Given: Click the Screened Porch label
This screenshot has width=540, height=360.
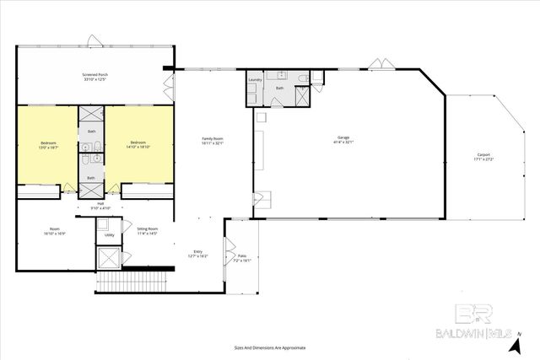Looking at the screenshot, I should coord(95,74).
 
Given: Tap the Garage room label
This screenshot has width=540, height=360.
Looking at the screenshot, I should coord(343,137).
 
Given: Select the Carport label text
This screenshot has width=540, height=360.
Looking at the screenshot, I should coord(483,154).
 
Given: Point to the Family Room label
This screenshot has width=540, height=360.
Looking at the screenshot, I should coord(212,137).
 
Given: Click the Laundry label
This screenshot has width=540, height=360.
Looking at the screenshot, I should coord(255,80).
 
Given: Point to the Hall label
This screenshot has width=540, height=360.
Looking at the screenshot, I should coord(100,203).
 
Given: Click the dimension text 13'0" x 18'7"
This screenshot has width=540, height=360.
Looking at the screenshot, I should coord(48,147).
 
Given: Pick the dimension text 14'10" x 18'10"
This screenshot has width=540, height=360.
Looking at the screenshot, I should coord(138,147).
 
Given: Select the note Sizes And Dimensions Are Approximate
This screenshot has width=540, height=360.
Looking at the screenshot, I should coord(269,347).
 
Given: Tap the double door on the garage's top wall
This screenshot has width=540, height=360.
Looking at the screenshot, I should coord(378,64).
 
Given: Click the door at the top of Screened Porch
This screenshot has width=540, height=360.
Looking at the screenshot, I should coord(95,40).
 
